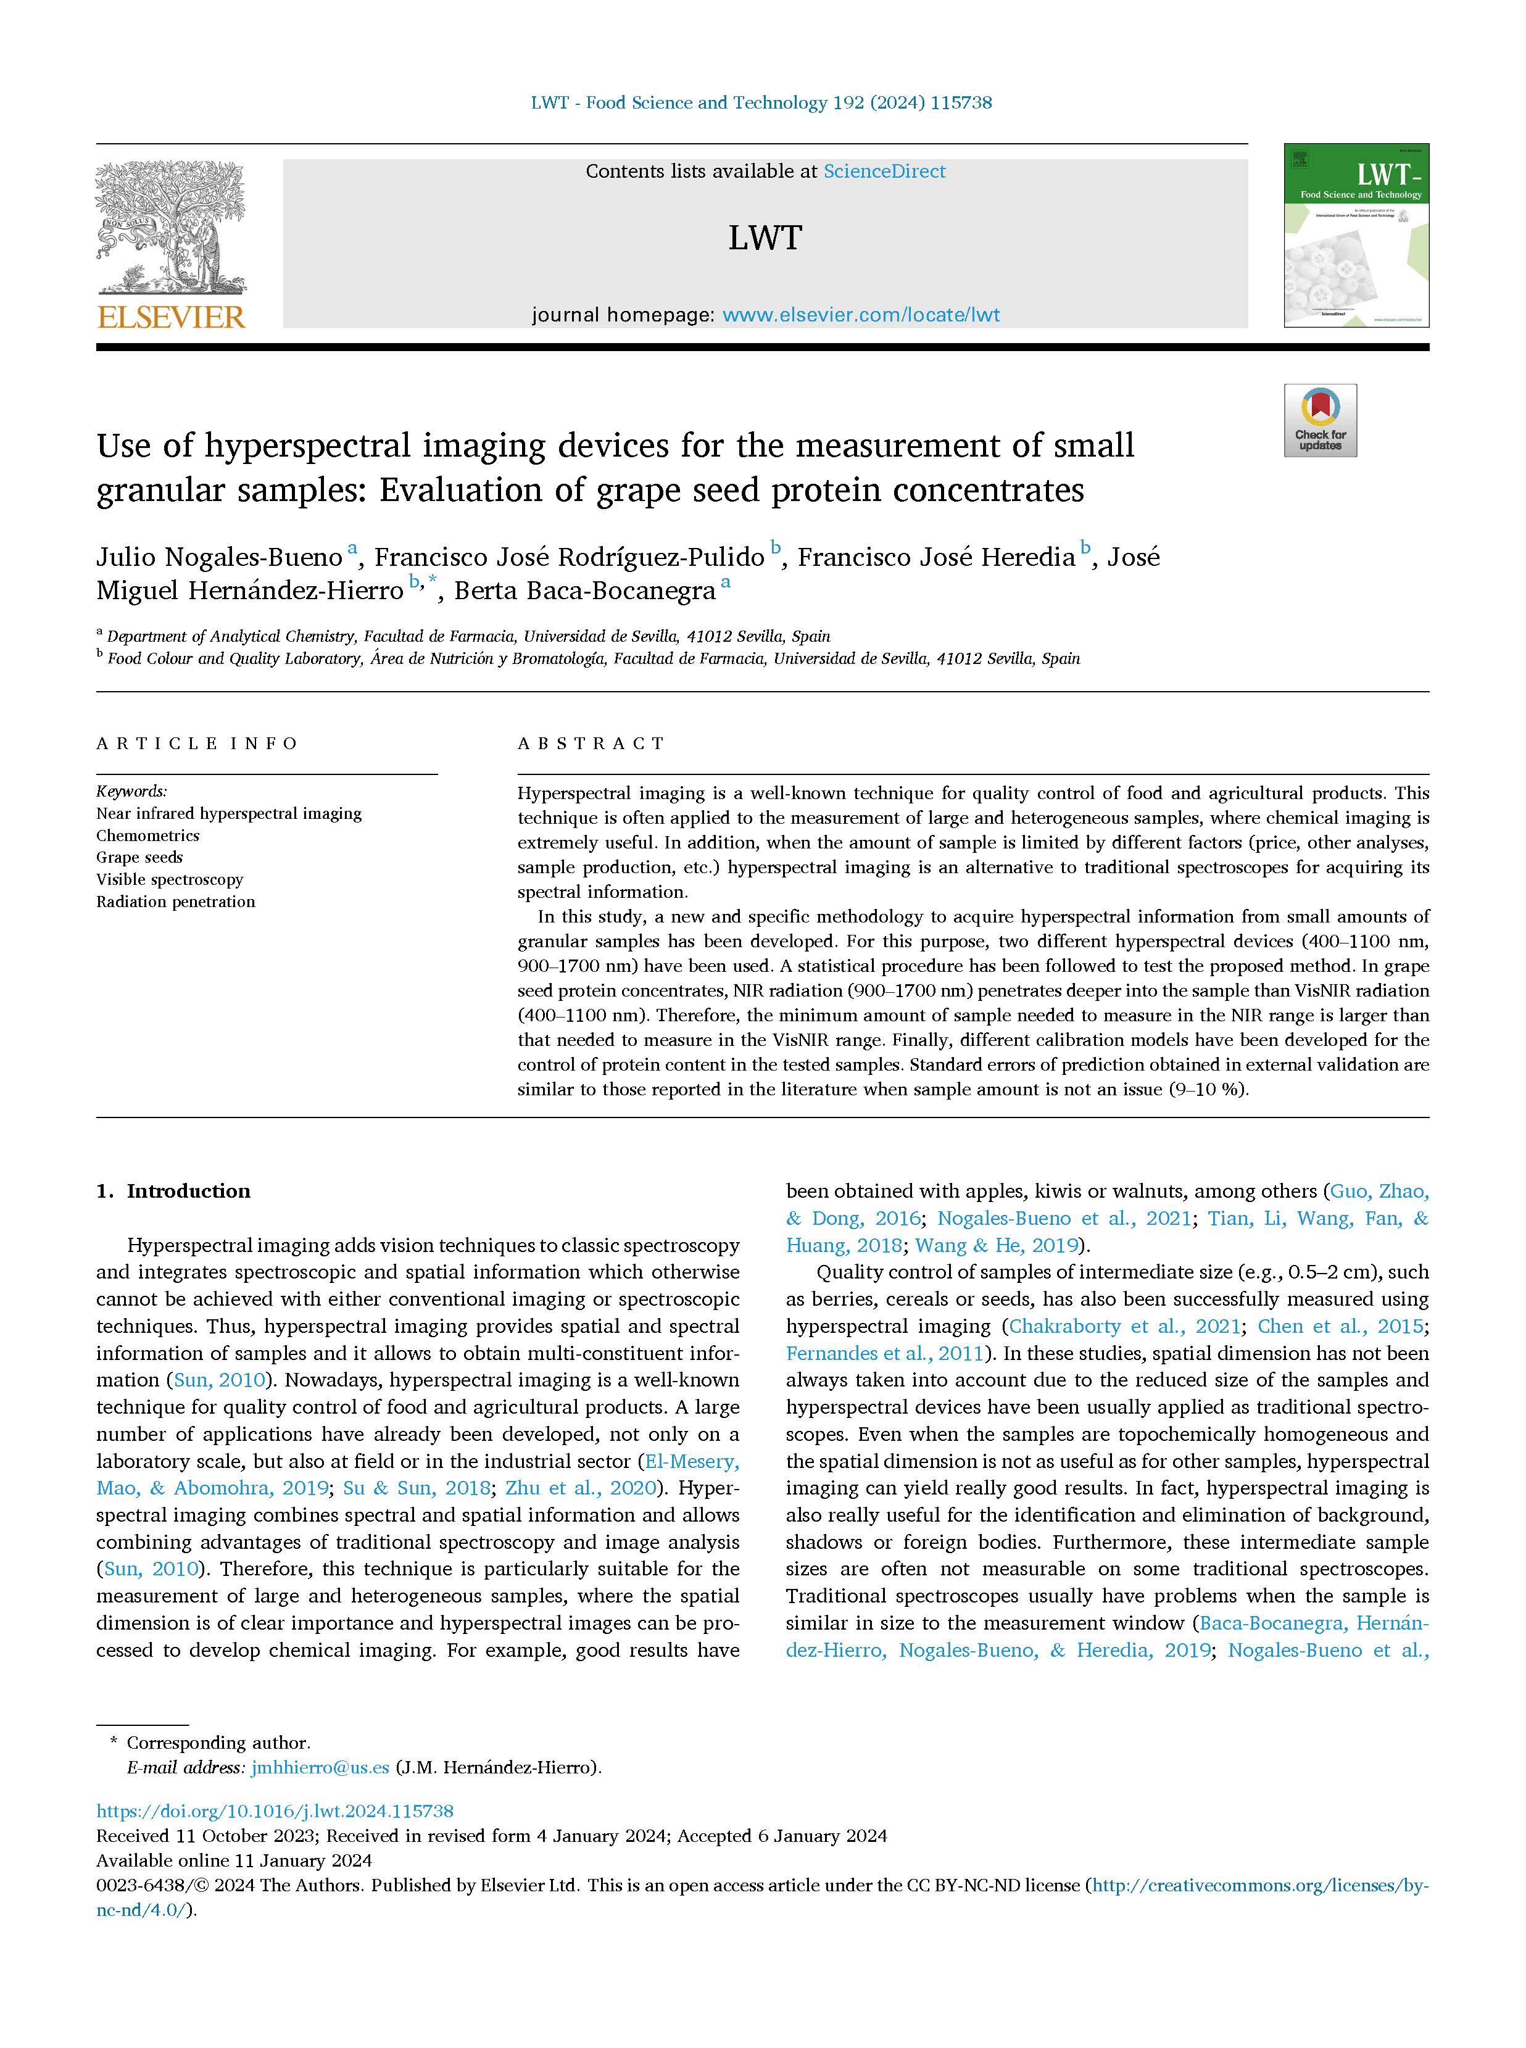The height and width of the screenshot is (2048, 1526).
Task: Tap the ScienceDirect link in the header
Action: [x=884, y=171]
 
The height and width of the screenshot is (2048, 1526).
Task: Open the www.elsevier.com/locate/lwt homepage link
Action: [x=861, y=315]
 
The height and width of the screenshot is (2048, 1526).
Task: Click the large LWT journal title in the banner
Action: [x=764, y=238]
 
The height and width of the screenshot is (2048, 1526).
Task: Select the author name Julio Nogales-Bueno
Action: [x=219, y=558]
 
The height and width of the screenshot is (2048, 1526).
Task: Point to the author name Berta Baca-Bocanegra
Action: [x=584, y=591]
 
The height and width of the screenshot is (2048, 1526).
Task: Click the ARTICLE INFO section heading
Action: [x=197, y=744]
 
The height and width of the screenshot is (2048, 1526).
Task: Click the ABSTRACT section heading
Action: [x=591, y=744]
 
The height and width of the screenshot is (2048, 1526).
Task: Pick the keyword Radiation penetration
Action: [x=175, y=902]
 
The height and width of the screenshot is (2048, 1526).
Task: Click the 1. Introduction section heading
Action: [x=173, y=1192]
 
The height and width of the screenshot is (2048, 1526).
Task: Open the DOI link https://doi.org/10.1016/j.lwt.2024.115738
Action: [x=275, y=1812]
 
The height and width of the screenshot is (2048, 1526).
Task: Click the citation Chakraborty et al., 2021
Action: [x=1124, y=1327]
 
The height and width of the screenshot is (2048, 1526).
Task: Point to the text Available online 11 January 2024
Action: [x=234, y=1860]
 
